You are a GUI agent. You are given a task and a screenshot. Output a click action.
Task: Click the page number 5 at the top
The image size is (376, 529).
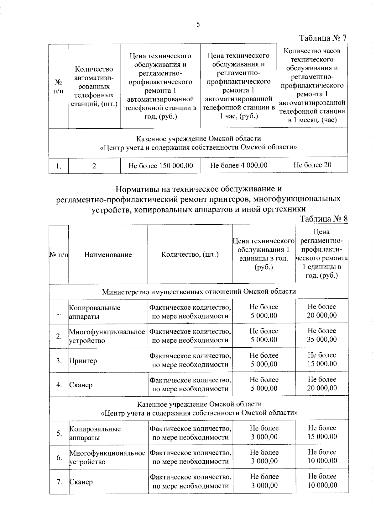(x=198, y=25)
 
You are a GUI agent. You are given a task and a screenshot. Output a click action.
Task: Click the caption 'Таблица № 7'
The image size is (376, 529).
(x=323, y=38)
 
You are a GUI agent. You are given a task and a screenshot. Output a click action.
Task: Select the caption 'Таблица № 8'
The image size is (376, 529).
(x=324, y=218)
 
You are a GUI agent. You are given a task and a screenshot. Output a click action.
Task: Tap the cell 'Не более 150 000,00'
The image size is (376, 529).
(x=160, y=165)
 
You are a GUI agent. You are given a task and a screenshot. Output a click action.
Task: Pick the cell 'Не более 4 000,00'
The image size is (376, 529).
(x=238, y=165)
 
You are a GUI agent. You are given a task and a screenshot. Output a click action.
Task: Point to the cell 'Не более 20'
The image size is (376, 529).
(x=312, y=165)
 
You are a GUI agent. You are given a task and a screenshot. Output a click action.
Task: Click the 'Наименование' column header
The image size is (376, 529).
(x=108, y=254)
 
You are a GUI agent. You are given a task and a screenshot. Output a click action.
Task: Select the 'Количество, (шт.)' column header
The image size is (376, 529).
(x=190, y=254)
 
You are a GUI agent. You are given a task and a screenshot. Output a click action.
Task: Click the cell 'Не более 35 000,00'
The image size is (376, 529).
(x=322, y=335)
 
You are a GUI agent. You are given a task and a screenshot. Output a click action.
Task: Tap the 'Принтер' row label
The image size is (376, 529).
(x=83, y=361)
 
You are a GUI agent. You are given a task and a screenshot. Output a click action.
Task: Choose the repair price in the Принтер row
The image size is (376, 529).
(x=322, y=360)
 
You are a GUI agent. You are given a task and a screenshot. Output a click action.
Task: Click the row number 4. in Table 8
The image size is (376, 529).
(x=59, y=385)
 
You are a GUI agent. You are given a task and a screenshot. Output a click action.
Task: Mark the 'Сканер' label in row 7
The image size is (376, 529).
(x=81, y=482)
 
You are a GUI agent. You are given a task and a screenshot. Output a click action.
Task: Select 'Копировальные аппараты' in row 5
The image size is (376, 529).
(x=95, y=433)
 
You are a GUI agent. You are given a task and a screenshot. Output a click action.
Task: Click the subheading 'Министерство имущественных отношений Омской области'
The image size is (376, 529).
(x=199, y=291)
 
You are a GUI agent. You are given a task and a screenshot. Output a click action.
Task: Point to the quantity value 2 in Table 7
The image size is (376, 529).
(x=94, y=166)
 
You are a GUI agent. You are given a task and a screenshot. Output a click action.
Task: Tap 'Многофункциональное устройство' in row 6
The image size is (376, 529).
(x=107, y=457)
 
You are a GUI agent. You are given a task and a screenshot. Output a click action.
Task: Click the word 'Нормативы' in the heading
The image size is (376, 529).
(x=136, y=189)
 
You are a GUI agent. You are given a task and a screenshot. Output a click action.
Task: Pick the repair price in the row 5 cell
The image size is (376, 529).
(x=322, y=432)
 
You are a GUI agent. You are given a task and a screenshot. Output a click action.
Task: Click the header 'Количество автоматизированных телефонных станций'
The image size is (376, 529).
(x=94, y=86)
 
